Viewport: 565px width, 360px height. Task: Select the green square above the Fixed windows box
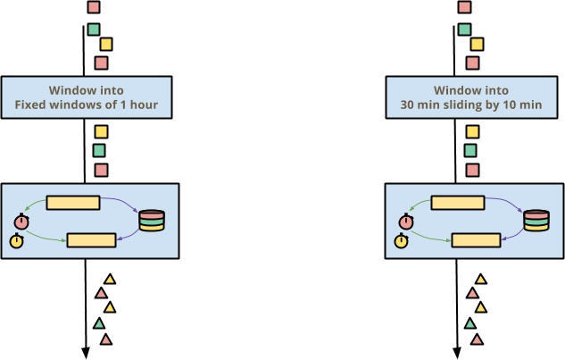point(94,29)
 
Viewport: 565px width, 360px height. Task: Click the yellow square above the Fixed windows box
point(106,44)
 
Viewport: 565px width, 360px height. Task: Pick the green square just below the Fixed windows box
point(99,151)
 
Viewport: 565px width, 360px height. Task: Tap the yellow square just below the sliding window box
point(472,132)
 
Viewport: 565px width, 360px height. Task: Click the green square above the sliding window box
point(464,29)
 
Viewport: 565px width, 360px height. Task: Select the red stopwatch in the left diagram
point(21,222)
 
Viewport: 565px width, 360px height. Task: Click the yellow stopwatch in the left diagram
point(17,241)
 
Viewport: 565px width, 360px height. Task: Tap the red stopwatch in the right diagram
point(406,222)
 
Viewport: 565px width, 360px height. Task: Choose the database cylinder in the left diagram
point(152,220)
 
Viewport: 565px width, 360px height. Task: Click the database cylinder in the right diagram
point(536,220)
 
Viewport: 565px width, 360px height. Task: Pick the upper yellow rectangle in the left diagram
point(73,203)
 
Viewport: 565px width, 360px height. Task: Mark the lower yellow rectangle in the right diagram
point(475,239)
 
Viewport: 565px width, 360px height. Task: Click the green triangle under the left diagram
point(99,324)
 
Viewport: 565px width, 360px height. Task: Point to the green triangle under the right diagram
point(470,324)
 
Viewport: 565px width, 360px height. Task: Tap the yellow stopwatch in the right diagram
point(402,241)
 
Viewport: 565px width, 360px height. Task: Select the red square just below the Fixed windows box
point(101,170)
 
